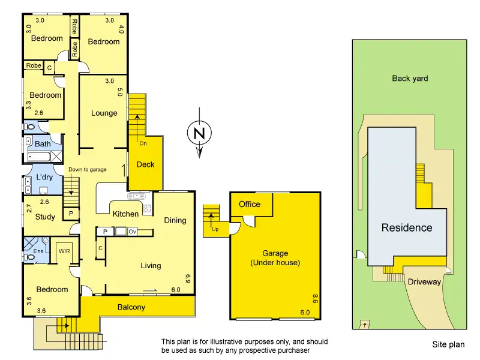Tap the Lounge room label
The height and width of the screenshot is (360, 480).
[x=104, y=113]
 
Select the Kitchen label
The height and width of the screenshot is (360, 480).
[x=125, y=214]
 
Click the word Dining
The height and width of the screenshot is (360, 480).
[x=175, y=220]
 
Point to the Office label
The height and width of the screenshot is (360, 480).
[x=250, y=204]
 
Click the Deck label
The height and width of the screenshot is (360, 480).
[x=146, y=164]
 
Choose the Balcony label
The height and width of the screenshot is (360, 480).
[x=131, y=307]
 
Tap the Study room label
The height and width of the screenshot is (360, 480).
[x=45, y=217]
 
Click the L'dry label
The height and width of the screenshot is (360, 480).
[x=45, y=178]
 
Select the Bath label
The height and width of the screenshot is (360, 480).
[x=43, y=144]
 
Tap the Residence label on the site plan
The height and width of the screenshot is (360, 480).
[x=407, y=227]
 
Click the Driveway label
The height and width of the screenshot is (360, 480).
[x=424, y=281]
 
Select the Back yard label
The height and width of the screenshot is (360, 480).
[x=410, y=78]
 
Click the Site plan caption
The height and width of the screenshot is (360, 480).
[x=448, y=344]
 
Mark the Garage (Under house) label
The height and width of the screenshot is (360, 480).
[x=274, y=258]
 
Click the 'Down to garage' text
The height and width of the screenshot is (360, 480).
[x=87, y=170]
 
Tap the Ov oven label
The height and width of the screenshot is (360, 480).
[x=133, y=232]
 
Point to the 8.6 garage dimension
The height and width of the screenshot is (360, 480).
[x=316, y=298]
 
